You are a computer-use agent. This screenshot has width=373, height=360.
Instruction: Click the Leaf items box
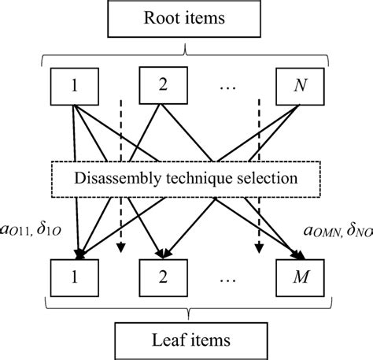coord(186,340)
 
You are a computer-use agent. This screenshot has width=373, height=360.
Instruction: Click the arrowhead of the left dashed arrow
coord(120,250)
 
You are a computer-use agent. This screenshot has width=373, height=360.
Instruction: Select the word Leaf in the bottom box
coord(163,340)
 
